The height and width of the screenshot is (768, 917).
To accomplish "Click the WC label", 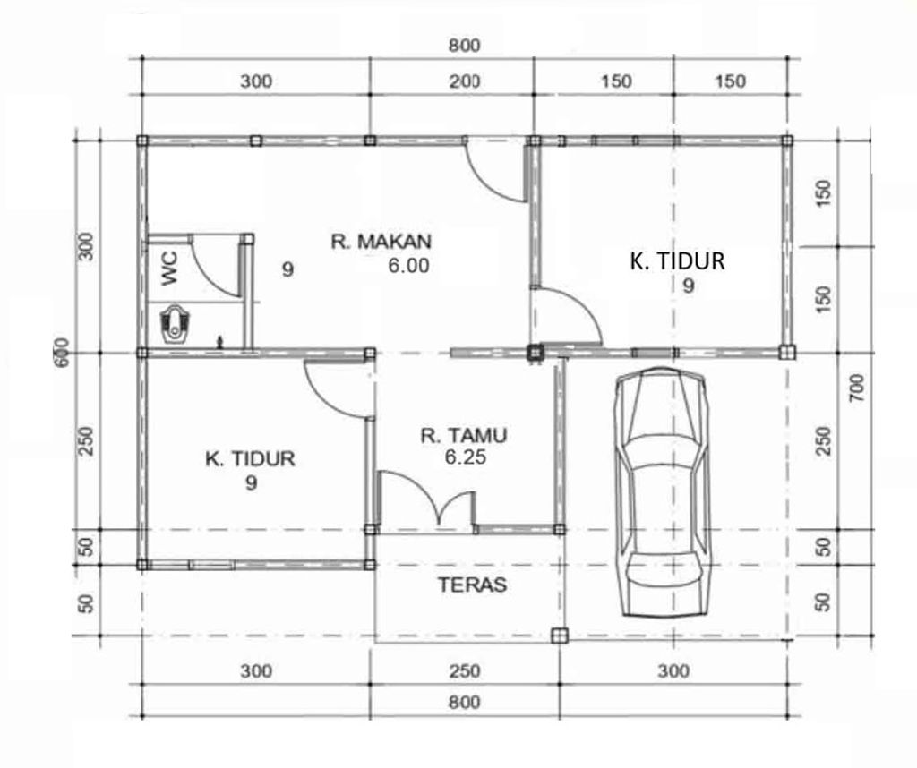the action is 169,269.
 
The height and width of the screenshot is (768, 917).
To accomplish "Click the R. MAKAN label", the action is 381,242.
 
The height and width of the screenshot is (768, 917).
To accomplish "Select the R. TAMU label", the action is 464,435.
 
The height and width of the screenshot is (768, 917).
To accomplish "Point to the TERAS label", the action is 473,585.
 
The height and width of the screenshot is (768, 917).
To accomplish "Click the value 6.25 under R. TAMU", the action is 466,457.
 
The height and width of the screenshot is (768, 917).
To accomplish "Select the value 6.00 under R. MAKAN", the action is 408,266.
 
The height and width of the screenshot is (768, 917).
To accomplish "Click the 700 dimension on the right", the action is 857,388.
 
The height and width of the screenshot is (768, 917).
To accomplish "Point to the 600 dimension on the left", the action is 62,353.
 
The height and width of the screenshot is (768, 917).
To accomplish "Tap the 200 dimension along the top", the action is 465,81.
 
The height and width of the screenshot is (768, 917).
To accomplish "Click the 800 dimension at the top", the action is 465,46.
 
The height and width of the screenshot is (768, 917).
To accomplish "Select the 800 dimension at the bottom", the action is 465,702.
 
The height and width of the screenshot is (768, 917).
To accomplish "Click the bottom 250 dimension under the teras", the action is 465,671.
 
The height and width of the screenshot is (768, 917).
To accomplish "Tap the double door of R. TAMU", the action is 427,498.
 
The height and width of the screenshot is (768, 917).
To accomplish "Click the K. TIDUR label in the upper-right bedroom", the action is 677,260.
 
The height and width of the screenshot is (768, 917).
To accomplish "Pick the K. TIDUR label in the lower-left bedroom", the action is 250,459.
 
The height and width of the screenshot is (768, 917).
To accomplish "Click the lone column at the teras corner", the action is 560,636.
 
